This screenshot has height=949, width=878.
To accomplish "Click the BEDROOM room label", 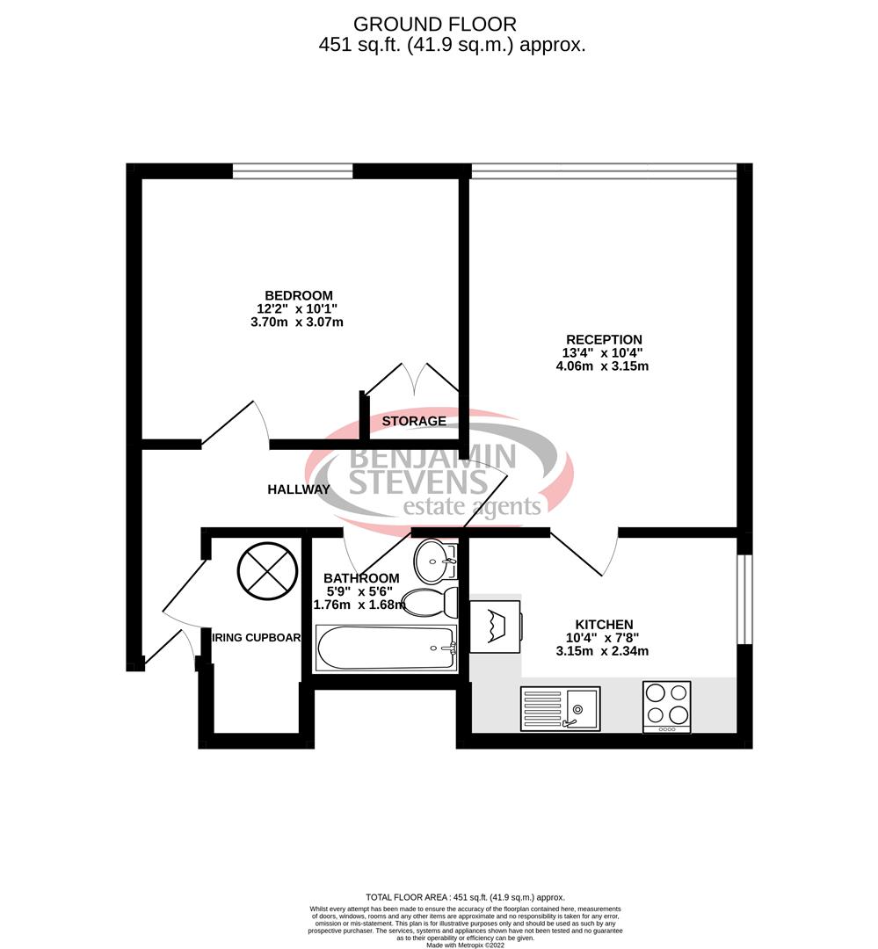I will pyautogui.click(x=299, y=295).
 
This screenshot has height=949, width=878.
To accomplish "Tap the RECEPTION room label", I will pyautogui.click(x=603, y=339).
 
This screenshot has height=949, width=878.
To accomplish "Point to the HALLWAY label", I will pyautogui.click(x=299, y=489).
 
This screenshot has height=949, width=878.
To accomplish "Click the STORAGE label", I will pyautogui.click(x=414, y=422).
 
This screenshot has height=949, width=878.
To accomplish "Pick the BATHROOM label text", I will pyautogui.click(x=361, y=578).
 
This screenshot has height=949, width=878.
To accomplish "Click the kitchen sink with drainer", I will pyautogui.click(x=560, y=708).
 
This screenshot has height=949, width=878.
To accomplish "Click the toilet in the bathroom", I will pyautogui.click(x=431, y=602).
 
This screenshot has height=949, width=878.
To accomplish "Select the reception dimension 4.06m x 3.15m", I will pyautogui.click(x=603, y=366).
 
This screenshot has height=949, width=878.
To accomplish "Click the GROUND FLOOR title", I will pyautogui.click(x=435, y=24).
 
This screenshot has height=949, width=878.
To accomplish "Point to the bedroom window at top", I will pyautogui.click(x=293, y=170).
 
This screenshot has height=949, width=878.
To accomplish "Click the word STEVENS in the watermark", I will pyautogui.click(x=417, y=482).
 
